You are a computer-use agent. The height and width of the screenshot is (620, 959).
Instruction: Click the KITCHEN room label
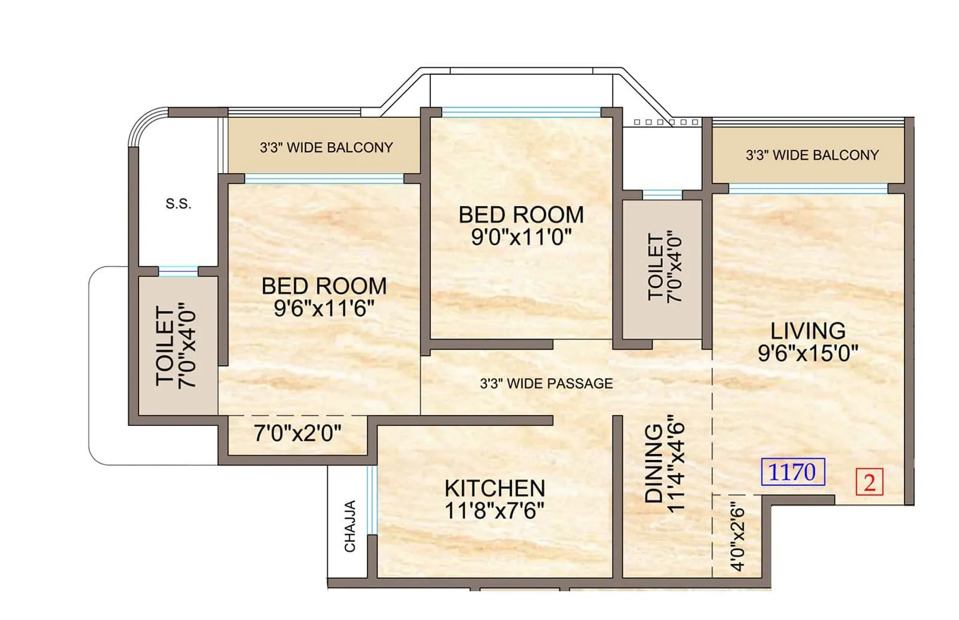point(494,488)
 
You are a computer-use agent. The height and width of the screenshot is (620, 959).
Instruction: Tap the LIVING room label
point(807,331)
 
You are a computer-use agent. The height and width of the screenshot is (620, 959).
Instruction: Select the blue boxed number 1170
point(792,472)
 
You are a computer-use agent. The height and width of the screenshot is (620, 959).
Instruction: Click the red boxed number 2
point(869,482)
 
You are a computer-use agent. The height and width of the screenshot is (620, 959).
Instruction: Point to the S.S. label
point(178,204)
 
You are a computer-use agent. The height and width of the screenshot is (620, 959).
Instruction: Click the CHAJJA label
point(350,526)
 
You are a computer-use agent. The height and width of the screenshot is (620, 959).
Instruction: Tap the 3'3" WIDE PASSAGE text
point(546,383)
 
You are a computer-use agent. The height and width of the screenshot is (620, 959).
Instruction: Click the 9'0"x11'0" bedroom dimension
point(521,237)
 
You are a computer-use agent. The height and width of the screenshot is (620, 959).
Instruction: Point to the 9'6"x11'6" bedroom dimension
point(324,309)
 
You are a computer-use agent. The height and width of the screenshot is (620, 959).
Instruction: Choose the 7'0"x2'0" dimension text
point(297,433)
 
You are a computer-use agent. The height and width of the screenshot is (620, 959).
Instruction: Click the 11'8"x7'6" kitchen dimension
point(494,510)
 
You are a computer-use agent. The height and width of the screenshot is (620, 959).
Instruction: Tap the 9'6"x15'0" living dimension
point(807,353)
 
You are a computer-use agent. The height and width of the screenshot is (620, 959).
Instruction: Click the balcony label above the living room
point(812,155)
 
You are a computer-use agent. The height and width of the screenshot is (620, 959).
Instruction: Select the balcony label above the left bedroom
point(326,147)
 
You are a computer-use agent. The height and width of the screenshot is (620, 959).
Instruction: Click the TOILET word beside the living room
point(656,267)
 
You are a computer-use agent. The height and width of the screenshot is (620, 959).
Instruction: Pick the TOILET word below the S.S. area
point(165,346)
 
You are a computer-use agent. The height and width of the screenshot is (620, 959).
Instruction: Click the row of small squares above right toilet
point(666,122)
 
